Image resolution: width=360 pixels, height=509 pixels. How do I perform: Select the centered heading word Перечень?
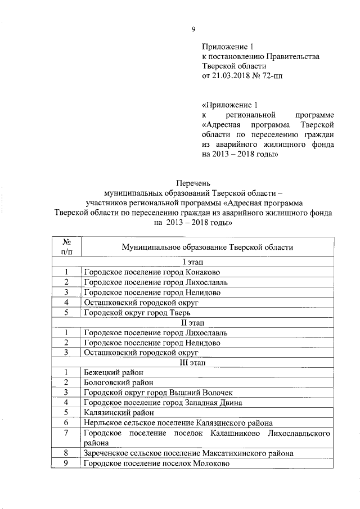tap(193, 183)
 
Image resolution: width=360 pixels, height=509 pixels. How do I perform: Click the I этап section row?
tap(193, 262)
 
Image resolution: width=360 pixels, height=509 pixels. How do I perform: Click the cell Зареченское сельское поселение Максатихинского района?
tap(188, 453)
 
